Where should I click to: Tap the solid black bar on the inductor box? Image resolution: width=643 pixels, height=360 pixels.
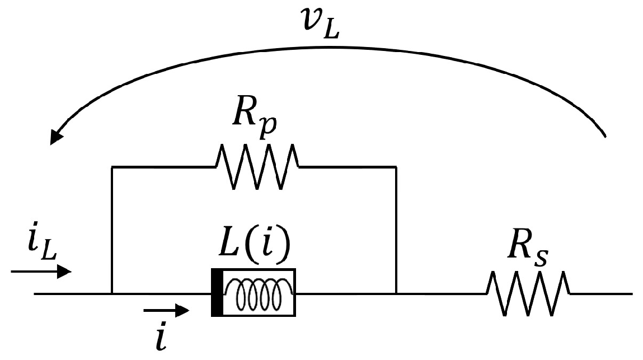[x=217, y=293]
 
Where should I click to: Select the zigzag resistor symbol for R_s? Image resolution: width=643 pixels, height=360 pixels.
[x=528, y=293]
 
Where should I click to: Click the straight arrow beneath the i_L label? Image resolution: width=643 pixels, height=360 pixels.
[x=41, y=272]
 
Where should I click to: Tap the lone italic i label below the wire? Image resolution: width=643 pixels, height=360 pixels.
[x=161, y=336]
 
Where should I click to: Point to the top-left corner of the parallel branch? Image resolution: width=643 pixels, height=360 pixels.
[x=112, y=166]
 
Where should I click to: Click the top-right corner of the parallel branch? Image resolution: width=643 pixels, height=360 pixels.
[x=396, y=166]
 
